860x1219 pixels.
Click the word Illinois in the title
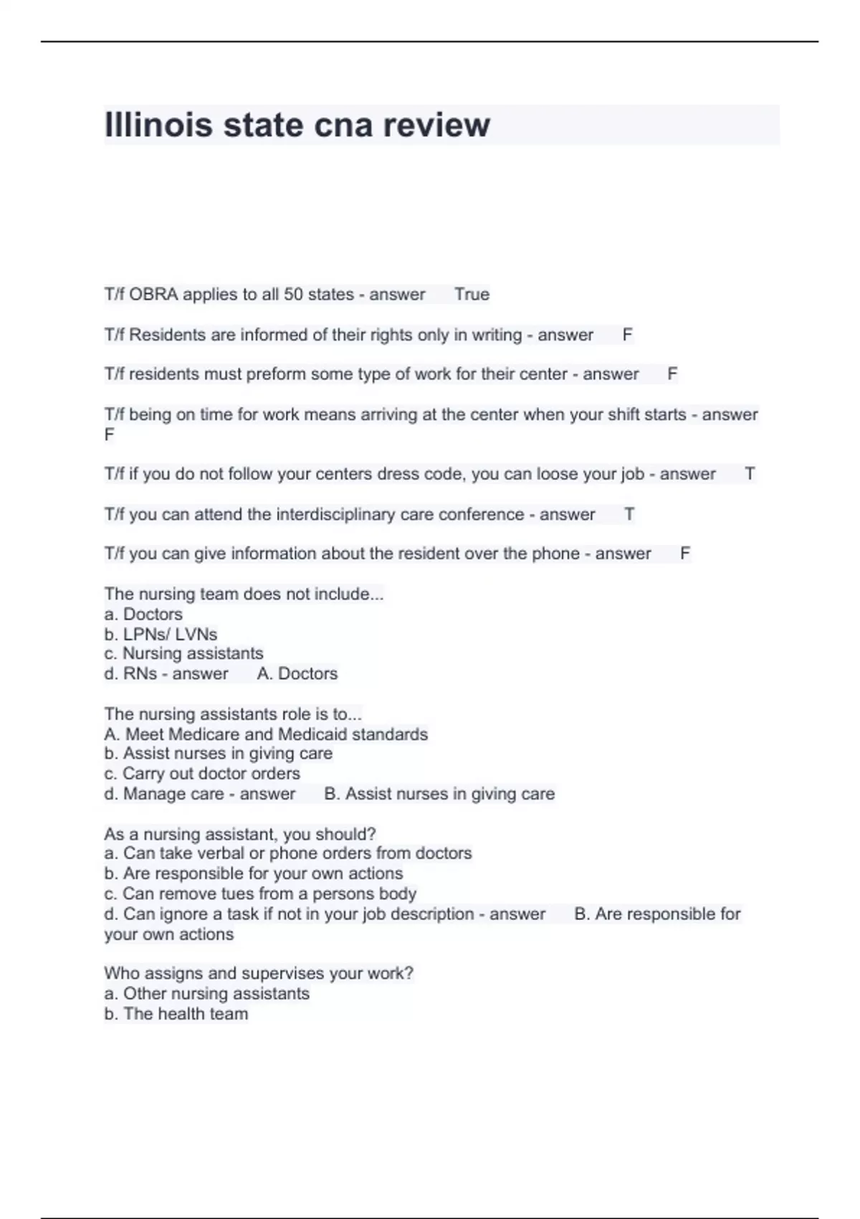tap(158, 125)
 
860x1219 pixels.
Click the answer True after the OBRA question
tap(472, 294)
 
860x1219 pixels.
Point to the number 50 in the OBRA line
tap(293, 294)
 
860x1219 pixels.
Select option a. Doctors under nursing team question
tap(143, 615)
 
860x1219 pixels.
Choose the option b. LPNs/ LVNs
tap(161, 635)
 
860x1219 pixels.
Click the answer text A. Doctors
tap(297, 674)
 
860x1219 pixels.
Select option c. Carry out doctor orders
tap(202, 774)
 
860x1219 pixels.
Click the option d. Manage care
tap(164, 794)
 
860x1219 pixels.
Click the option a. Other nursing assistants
tap(206, 994)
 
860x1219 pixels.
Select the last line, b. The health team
tap(176, 1014)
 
